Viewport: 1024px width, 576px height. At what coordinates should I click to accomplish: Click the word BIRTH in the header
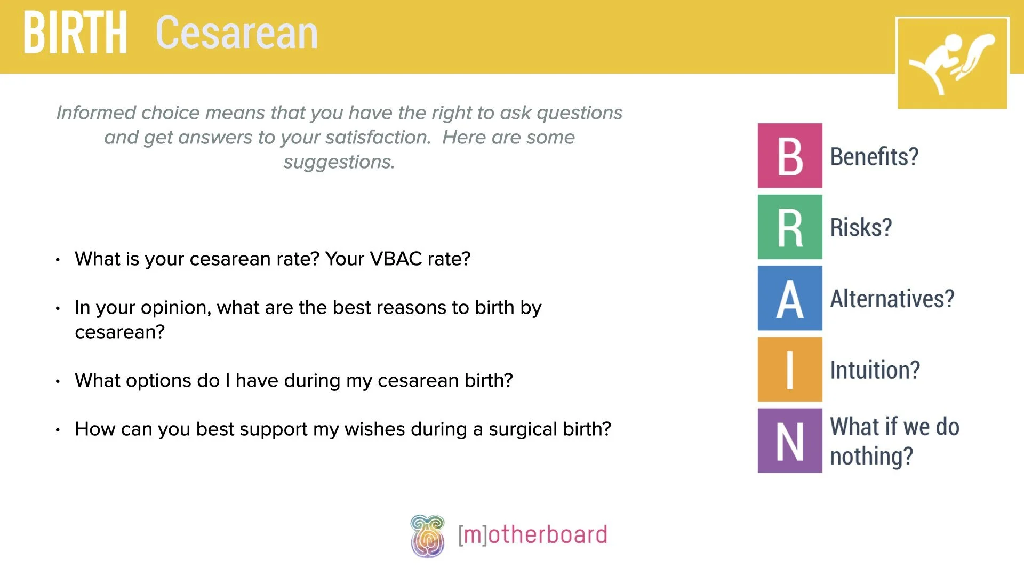coord(75,33)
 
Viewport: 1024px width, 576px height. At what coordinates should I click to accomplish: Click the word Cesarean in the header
coord(237,33)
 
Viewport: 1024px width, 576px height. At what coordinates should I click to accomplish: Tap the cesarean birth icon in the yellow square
coord(952,63)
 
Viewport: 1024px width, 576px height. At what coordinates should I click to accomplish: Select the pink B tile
coord(790,156)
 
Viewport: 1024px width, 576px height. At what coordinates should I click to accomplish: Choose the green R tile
coord(790,227)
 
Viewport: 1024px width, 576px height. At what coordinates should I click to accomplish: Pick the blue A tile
coord(790,298)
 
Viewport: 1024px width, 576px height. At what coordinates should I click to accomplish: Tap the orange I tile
coord(790,370)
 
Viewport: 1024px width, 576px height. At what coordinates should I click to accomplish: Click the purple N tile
coord(790,441)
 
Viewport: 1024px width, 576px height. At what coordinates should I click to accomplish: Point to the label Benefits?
coord(874,157)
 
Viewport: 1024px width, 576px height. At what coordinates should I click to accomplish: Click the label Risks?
coord(861,228)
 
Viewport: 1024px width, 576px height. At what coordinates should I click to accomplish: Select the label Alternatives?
coord(892,299)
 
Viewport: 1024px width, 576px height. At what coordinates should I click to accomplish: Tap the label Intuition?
coord(875,370)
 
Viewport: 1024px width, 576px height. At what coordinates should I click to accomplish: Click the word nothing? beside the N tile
coord(871,457)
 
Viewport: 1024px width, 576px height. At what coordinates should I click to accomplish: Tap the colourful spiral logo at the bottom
coord(427,536)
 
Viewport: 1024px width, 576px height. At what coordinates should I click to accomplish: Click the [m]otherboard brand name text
coord(532,535)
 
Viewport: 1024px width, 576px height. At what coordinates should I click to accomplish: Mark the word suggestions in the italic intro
coord(339,162)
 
